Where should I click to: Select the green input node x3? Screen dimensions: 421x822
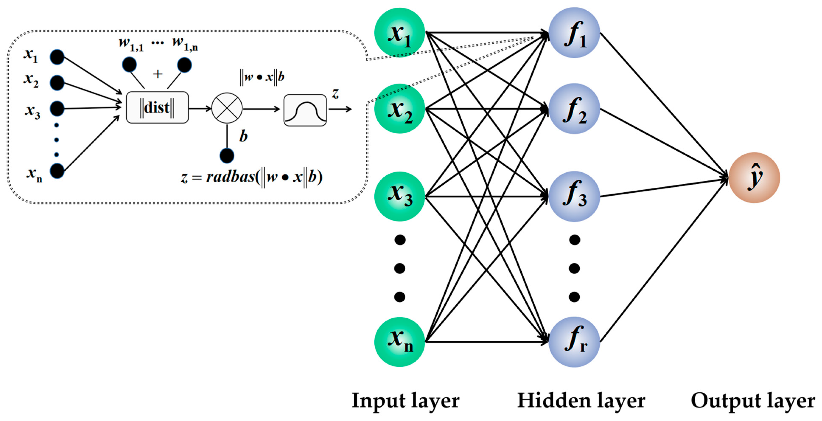coord(399,197)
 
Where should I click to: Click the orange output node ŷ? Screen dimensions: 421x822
coord(754,177)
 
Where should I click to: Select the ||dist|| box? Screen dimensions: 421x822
coord(157,107)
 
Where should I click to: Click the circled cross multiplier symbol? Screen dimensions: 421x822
coord(227,108)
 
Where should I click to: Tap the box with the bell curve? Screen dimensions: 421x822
coord(305,110)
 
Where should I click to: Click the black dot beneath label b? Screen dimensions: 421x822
coord(227,156)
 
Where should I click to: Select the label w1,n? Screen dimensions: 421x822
coord(185,43)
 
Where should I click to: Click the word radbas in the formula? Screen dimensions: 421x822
coord(230,177)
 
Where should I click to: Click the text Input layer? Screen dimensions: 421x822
coord(405,401)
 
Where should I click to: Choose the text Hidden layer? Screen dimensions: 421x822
coord(581,401)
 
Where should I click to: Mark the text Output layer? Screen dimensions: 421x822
coord(752,401)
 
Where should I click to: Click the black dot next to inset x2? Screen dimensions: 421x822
coord(57,83)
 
